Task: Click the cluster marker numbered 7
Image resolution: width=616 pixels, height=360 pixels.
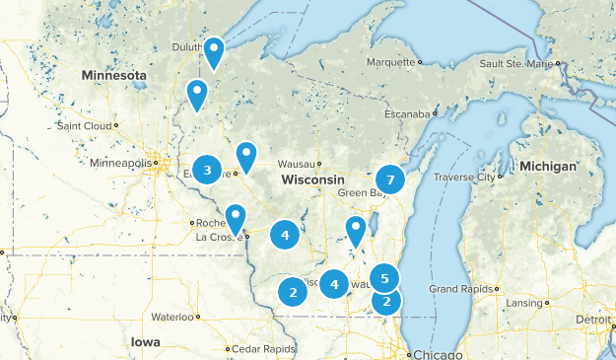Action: point(390,180)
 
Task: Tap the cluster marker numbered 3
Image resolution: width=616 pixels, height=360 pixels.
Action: point(207,171)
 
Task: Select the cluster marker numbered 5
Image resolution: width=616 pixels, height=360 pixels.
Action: point(384,278)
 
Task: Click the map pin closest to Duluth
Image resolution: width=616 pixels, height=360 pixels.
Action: point(213,50)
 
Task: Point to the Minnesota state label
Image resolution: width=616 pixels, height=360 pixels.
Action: point(114,76)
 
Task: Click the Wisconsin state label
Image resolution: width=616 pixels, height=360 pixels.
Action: point(312,180)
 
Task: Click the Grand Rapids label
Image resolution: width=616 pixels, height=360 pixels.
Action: point(455,289)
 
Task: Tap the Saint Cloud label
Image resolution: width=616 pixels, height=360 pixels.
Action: point(85,125)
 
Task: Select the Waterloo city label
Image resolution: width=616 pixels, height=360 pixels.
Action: point(172,318)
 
